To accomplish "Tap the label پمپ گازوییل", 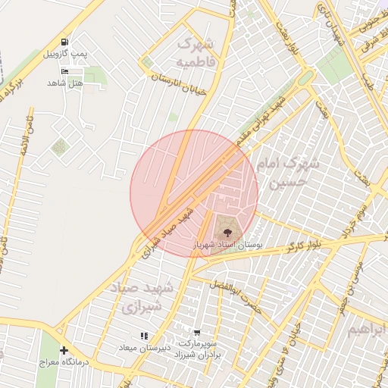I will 64,54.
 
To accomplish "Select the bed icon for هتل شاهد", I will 64,70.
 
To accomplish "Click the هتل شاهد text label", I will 64,81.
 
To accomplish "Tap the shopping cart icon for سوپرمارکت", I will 197,333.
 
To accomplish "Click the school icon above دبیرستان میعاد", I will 144,336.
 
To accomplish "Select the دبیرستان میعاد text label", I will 142,347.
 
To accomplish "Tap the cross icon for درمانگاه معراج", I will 64,351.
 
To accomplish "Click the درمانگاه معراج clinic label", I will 64,362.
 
